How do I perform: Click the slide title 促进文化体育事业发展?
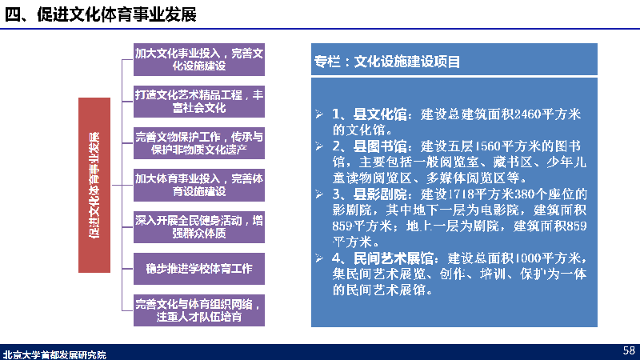point(101,14)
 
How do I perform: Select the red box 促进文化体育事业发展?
point(94,185)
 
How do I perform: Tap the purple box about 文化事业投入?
point(199,59)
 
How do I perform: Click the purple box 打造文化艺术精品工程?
point(199,102)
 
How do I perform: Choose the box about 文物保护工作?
point(199,143)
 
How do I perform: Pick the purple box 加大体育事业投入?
point(199,185)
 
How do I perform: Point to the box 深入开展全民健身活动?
point(199,227)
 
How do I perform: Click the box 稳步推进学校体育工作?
point(199,269)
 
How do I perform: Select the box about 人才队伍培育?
point(199,310)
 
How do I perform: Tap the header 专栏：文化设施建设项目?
point(387,62)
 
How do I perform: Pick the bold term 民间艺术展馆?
point(393,258)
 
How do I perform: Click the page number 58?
point(629,350)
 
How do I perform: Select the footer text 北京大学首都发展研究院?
point(54,354)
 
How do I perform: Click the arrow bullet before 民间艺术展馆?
point(319,258)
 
